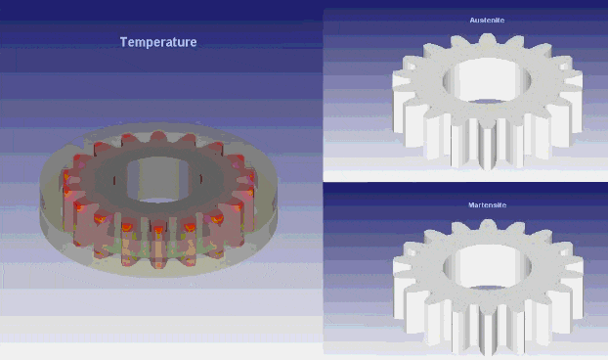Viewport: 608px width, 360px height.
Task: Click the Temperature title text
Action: (158, 42)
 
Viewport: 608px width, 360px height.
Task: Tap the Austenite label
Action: (487, 21)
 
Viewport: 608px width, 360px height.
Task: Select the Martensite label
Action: (488, 204)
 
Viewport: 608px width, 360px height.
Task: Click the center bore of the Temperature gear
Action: (157, 179)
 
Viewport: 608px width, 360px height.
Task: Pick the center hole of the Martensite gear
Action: (487, 267)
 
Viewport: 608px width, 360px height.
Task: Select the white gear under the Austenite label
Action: (488, 102)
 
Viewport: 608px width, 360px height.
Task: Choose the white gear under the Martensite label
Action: (488, 287)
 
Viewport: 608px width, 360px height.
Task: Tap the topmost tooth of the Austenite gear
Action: (488, 40)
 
